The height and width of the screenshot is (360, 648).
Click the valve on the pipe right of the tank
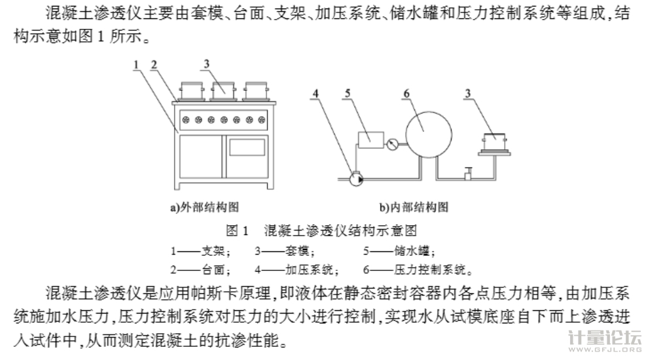coord(467,173)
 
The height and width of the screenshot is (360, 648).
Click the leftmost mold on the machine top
coord(191,90)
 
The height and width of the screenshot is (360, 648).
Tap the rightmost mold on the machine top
coord(255,90)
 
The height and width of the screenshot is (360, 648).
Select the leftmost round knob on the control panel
coord(186,120)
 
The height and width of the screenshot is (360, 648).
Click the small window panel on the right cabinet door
coord(247,147)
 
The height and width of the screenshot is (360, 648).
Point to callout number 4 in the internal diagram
coord(315,94)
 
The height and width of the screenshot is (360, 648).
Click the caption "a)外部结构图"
coord(204,207)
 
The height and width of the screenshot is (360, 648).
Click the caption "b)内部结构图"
coord(414,207)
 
